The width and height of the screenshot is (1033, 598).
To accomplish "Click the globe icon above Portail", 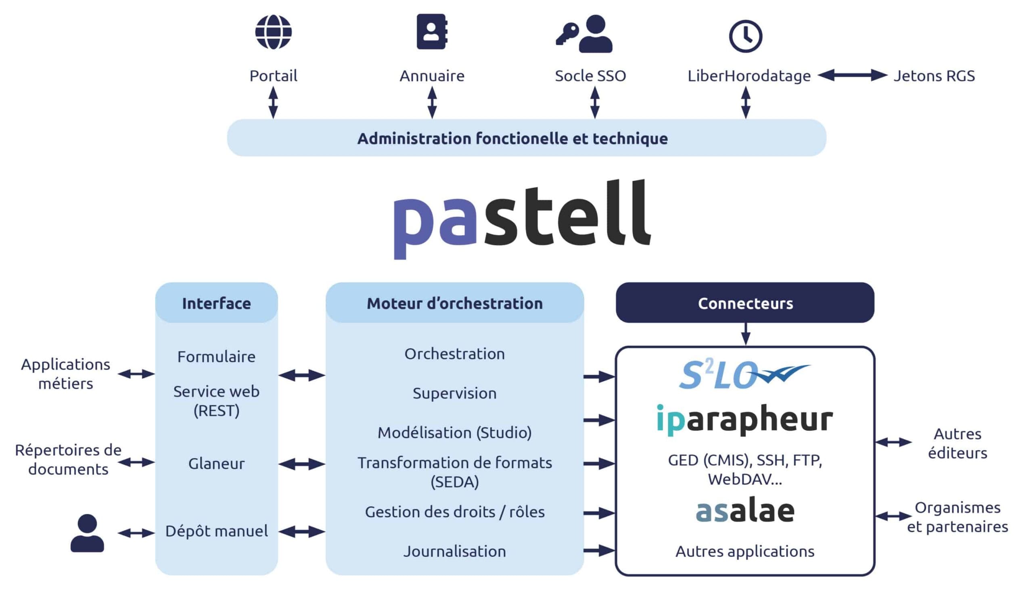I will coord(274,32).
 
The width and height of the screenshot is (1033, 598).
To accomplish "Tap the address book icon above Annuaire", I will coord(432,31).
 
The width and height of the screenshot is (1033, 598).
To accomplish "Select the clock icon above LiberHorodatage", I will coord(746,36).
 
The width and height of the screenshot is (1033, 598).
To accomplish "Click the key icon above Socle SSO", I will coord(567,33).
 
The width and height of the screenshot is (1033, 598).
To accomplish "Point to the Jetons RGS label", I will coord(934,76).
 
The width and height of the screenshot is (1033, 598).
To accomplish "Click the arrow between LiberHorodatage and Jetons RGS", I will coord(853,75).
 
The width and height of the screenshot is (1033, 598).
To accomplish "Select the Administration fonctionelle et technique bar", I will coord(526,138).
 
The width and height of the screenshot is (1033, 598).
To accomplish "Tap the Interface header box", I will coord(216,303).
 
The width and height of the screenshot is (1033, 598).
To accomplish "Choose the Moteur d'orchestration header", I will coord(455,303).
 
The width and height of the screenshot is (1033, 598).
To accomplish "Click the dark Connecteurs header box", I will coord(745,303).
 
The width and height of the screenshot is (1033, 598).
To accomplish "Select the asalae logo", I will coord(745,511).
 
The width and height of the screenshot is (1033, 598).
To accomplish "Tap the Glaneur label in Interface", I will coord(216,464).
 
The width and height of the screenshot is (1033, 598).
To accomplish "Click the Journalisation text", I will coord(455,551).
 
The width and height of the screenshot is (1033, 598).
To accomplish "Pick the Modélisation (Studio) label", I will coord(455,433).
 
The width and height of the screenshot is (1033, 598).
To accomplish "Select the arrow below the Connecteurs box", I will coord(746,334).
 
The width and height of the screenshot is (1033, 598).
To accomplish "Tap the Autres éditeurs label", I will coord(958,443).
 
